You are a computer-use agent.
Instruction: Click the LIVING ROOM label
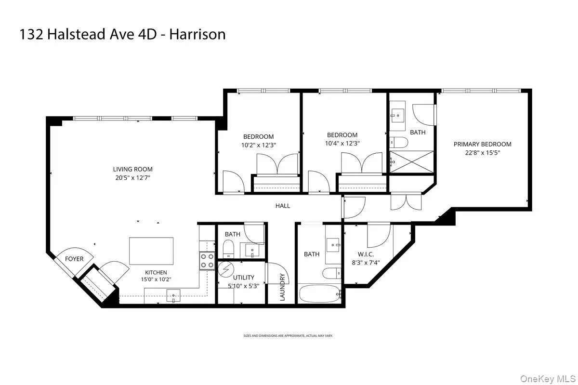[132, 169]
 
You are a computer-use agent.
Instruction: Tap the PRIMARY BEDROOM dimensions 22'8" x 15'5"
[482, 153]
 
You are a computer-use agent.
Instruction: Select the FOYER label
[74, 259]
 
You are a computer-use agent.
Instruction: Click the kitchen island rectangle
[151, 251]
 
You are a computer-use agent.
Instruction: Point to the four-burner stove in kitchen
[207, 261]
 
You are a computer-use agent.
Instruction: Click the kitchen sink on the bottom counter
[173, 296]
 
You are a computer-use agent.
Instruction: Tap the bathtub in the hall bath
[320, 293]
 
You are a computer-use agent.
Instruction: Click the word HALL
[283, 206]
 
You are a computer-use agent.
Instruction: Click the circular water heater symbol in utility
[225, 269]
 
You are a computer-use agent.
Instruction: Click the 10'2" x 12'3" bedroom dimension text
[258, 145]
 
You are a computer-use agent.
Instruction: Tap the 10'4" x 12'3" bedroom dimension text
[342, 143]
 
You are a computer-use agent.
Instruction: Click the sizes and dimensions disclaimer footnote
[289, 335]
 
